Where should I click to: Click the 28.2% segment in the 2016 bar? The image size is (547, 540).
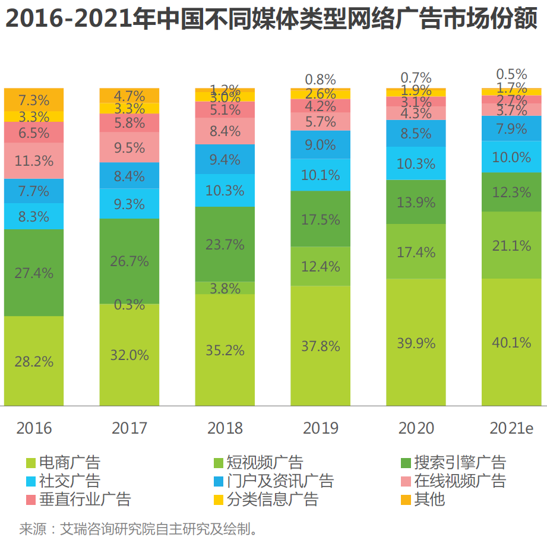34,361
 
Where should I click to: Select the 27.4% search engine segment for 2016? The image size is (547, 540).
34,273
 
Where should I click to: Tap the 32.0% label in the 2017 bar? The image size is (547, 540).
129,355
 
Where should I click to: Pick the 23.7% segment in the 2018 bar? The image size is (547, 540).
225,244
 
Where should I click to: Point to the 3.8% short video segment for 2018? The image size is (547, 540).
225,288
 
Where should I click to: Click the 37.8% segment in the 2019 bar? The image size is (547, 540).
321,346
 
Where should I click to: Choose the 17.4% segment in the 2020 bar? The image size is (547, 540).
416,252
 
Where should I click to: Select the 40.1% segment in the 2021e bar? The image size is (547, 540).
511,343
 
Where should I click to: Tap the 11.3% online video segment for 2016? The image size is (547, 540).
34,160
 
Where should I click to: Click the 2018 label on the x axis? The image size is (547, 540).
225,428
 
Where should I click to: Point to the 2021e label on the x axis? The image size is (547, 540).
511,428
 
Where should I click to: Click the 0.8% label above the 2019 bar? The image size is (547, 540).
321,79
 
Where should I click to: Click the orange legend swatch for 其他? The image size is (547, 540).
406,500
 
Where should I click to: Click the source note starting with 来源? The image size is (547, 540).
139,528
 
